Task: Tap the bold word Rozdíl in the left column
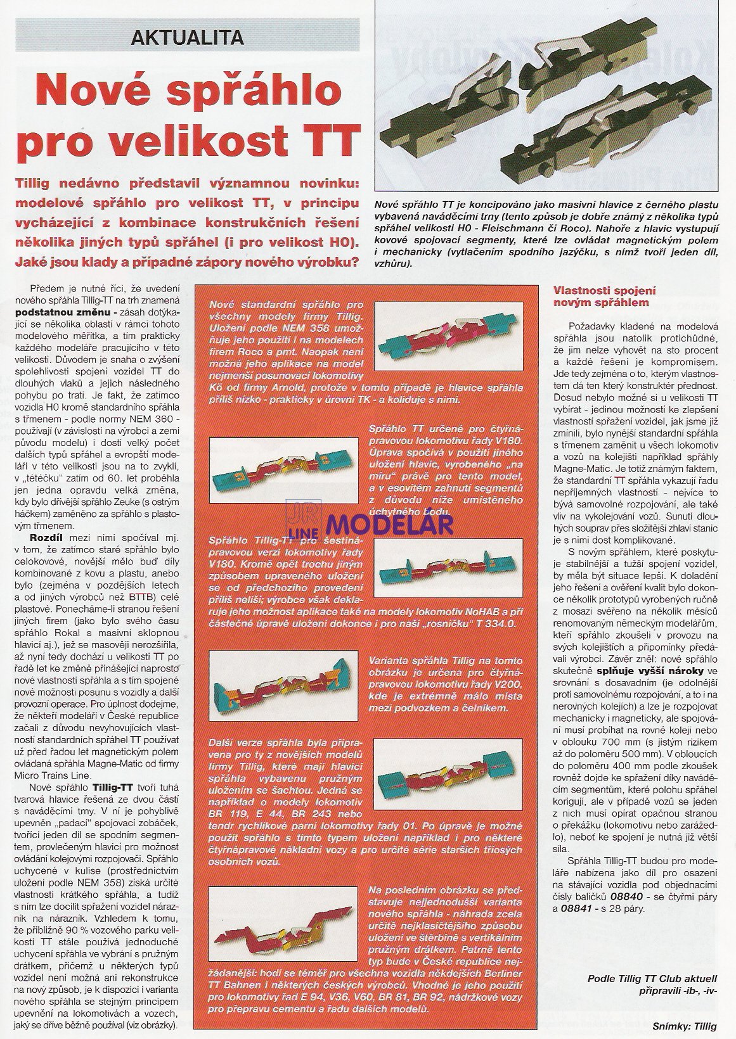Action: click(x=37, y=537)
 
